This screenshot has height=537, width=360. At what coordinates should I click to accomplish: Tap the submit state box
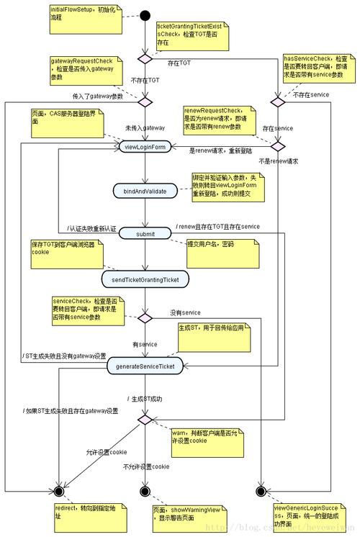click(145, 233)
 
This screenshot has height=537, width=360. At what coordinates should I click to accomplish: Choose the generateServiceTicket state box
click(145, 366)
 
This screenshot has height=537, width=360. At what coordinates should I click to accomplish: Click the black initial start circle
click(145, 15)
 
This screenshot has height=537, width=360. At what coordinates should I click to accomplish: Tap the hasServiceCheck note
click(316, 67)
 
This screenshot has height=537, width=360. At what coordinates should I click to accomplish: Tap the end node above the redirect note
click(59, 491)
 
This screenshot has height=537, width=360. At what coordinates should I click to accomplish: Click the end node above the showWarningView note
click(145, 491)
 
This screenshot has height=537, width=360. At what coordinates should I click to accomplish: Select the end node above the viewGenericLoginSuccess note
click(261, 491)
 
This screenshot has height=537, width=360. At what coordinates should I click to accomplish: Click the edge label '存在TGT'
click(181, 64)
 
